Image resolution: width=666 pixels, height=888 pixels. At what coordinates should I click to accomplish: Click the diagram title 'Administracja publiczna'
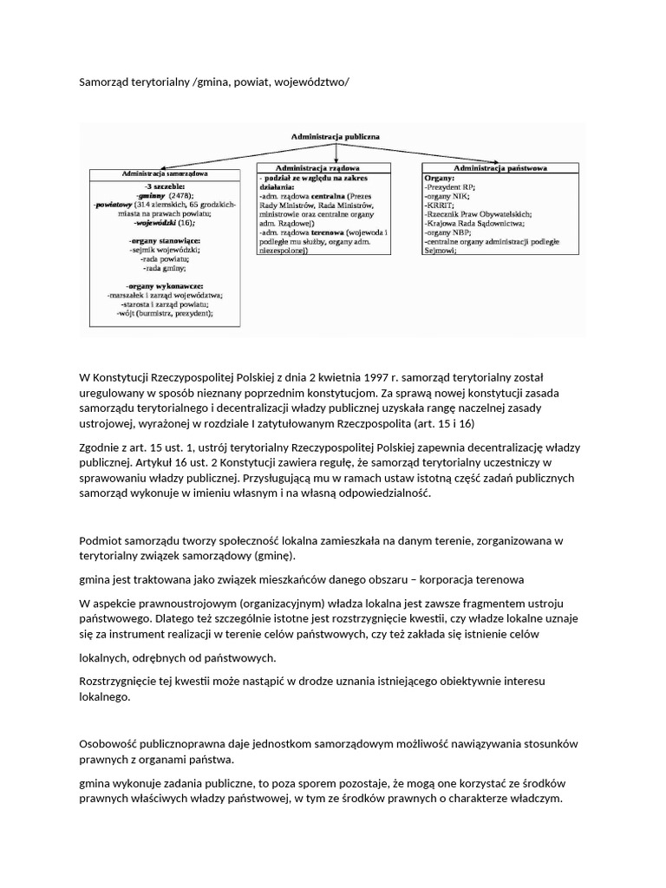pos(334,136)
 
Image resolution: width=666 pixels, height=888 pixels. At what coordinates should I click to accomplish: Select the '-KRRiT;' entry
pos(441,205)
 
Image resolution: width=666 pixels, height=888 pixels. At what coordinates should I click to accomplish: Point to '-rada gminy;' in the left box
pos(165,268)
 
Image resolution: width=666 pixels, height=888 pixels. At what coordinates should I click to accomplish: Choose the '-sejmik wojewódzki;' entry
pos(165,249)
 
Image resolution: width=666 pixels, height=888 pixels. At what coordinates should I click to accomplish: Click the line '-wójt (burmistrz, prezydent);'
pos(165,313)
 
